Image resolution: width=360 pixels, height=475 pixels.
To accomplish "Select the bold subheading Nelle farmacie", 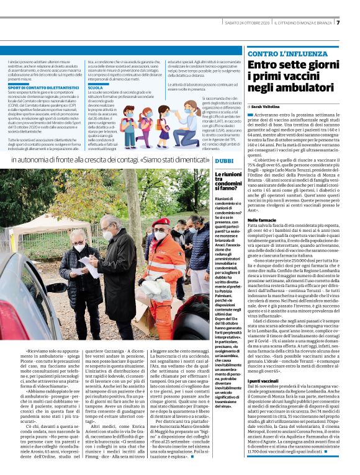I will [x=262, y=220].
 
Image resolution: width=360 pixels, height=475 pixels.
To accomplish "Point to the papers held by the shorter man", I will [x=89, y=268].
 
